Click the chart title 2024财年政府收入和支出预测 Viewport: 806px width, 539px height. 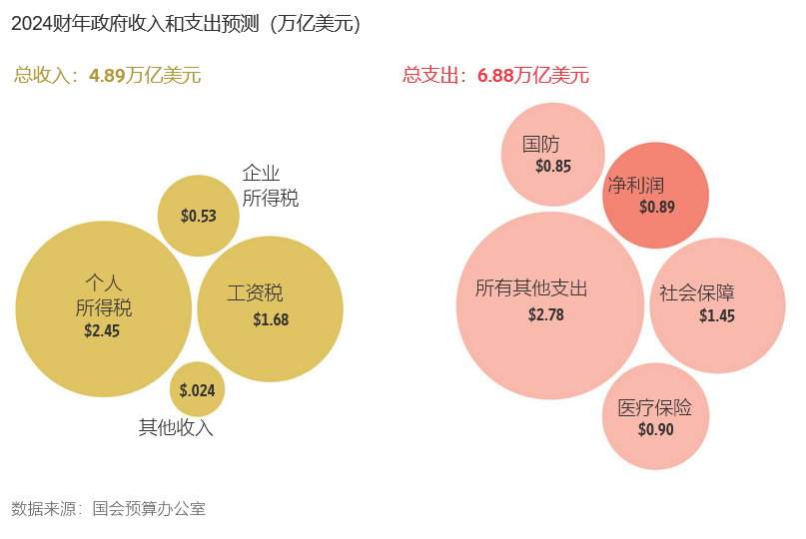pos(186,24)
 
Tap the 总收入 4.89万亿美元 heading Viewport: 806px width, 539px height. pos(108,75)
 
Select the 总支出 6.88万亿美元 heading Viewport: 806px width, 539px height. pos(495,75)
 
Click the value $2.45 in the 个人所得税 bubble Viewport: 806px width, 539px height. pos(102,330)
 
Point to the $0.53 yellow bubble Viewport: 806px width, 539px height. pos(198,216)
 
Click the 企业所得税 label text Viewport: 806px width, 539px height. pos(270,186)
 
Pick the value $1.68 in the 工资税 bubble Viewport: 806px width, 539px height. pos(271,319)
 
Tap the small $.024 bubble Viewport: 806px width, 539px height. pos(197,390)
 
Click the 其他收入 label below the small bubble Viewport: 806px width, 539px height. pos(176,427)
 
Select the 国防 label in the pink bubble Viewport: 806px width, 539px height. pos(541,145)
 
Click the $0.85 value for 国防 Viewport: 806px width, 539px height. pos(553,167)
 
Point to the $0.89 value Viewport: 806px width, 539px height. pos(657,208)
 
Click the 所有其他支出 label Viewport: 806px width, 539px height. pos(531,288)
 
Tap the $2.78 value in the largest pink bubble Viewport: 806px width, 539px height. pos(546,314)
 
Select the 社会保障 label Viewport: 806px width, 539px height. pos(697,293)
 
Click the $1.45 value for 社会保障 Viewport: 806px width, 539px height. pos(717,315)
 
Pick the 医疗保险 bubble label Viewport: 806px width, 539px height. pos(654,407)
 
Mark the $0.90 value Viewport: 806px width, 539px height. pos(656,430)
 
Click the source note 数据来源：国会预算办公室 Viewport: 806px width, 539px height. pos(108,508)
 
